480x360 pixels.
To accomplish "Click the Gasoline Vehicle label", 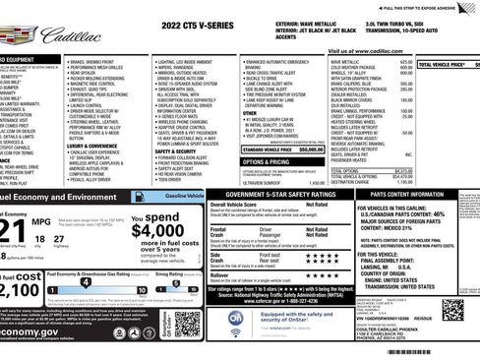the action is pos(178,198).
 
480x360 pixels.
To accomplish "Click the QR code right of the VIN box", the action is pos(460,326).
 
